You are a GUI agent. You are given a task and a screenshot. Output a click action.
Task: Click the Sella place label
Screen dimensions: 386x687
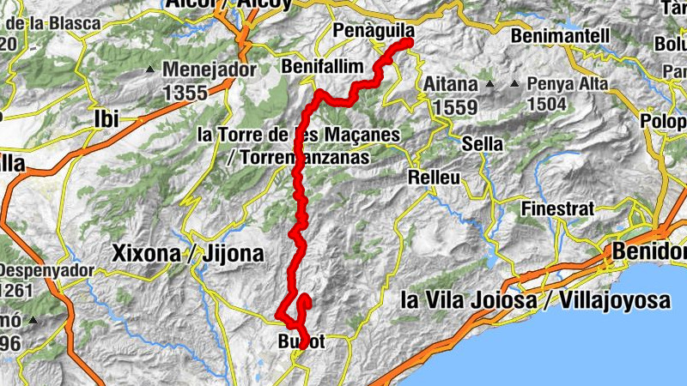(x=482, y=143)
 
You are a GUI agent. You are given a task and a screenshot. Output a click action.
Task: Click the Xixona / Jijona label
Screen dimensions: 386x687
(x=188, y=254)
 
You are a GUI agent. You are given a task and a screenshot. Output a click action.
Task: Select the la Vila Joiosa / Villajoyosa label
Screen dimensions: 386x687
(x=536, y=301)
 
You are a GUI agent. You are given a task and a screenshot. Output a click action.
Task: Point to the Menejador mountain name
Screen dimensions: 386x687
(x=209, y=69)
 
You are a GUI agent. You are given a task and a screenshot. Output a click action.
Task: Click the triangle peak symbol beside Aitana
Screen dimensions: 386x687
(x=489, y=84)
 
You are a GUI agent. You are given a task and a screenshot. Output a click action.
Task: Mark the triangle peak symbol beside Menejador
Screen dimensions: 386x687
(x=151, y=69)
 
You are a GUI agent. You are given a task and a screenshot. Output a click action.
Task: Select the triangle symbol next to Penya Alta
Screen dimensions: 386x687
(x=514, y=84)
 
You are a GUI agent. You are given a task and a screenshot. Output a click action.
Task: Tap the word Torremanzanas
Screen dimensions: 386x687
(x=308, y=158)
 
